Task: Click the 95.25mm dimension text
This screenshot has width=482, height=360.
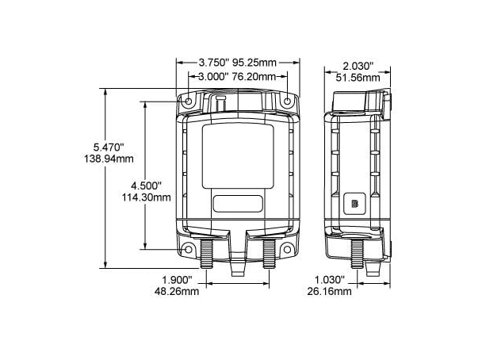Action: (254, 63)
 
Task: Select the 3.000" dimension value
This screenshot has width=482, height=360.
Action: (213, 76)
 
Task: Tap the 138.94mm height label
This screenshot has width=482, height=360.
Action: (109, 159)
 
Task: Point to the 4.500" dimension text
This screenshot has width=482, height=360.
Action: (146, 186)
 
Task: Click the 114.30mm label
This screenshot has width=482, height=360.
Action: (147, 197)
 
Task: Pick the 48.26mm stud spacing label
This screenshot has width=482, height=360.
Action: (177, 291)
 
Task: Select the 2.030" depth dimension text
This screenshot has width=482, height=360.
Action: (358, 66)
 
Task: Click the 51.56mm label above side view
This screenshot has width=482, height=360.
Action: (358, 77)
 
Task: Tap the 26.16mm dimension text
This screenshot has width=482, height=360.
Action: (329, 291)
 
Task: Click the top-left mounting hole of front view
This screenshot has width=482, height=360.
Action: (189, 101)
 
